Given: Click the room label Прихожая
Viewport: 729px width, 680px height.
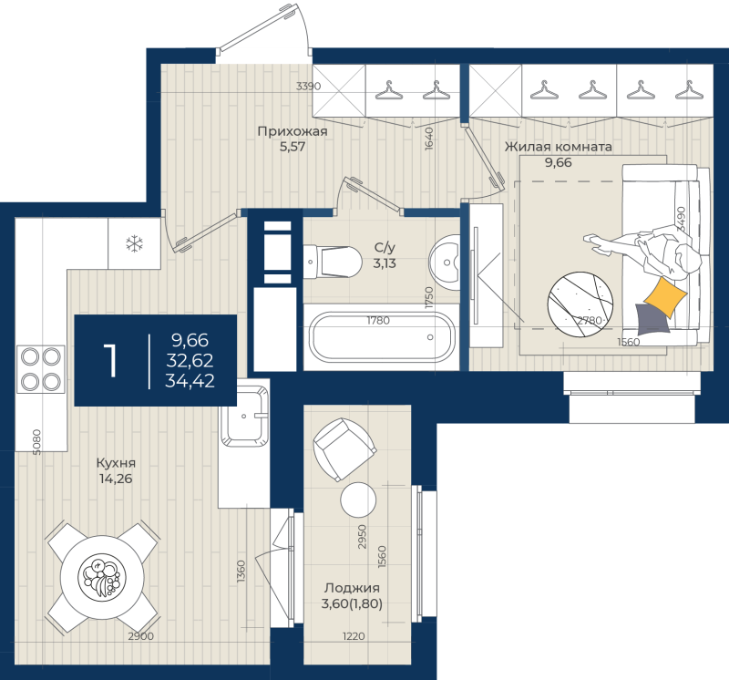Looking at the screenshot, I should click(292, 131).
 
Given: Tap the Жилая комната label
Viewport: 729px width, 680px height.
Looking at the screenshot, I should click(558, 146).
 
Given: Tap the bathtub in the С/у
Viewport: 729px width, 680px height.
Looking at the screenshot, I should click(380, 337).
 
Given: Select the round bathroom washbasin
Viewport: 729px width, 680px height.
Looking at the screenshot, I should click(446, 263).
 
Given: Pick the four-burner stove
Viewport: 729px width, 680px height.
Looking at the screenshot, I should click(40, 369).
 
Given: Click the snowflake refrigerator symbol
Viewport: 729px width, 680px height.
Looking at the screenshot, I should click(134, 243).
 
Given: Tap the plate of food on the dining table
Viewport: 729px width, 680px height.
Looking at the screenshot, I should click(100, 577).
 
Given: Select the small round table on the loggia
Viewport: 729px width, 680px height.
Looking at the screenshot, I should click(358, 500).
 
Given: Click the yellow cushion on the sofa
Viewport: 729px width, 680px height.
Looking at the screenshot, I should click(664, 295).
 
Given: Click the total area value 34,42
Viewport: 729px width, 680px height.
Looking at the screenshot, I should click(190, 381).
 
